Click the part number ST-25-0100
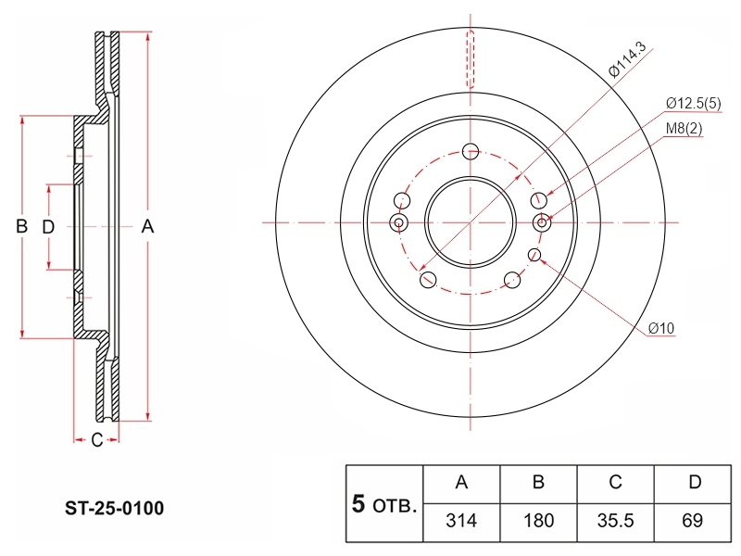point(114,508)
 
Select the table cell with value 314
point(461,522)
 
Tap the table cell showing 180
point(538,522)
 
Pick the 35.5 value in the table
point(615,522)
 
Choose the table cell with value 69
point(692,522)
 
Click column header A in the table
point(461,483)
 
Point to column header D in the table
point(694,483)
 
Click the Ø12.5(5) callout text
point(693,103)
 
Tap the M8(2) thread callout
point(684,129)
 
